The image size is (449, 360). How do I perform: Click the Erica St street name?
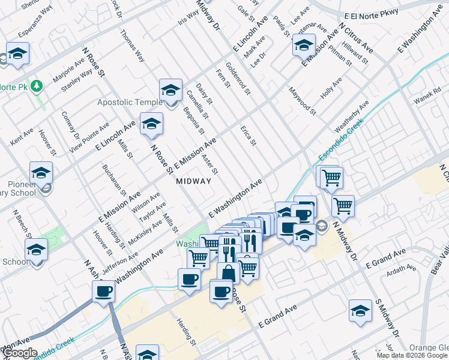click(249, 136)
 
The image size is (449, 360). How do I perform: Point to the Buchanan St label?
click(114, 180)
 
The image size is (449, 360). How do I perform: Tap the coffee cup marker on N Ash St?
click(103, 291)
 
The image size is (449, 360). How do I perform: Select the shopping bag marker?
click(228, 272)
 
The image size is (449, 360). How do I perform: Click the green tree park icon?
click(38, 86)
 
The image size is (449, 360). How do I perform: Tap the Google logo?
click(20, 353)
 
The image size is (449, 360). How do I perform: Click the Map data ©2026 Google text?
click(412, 355)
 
